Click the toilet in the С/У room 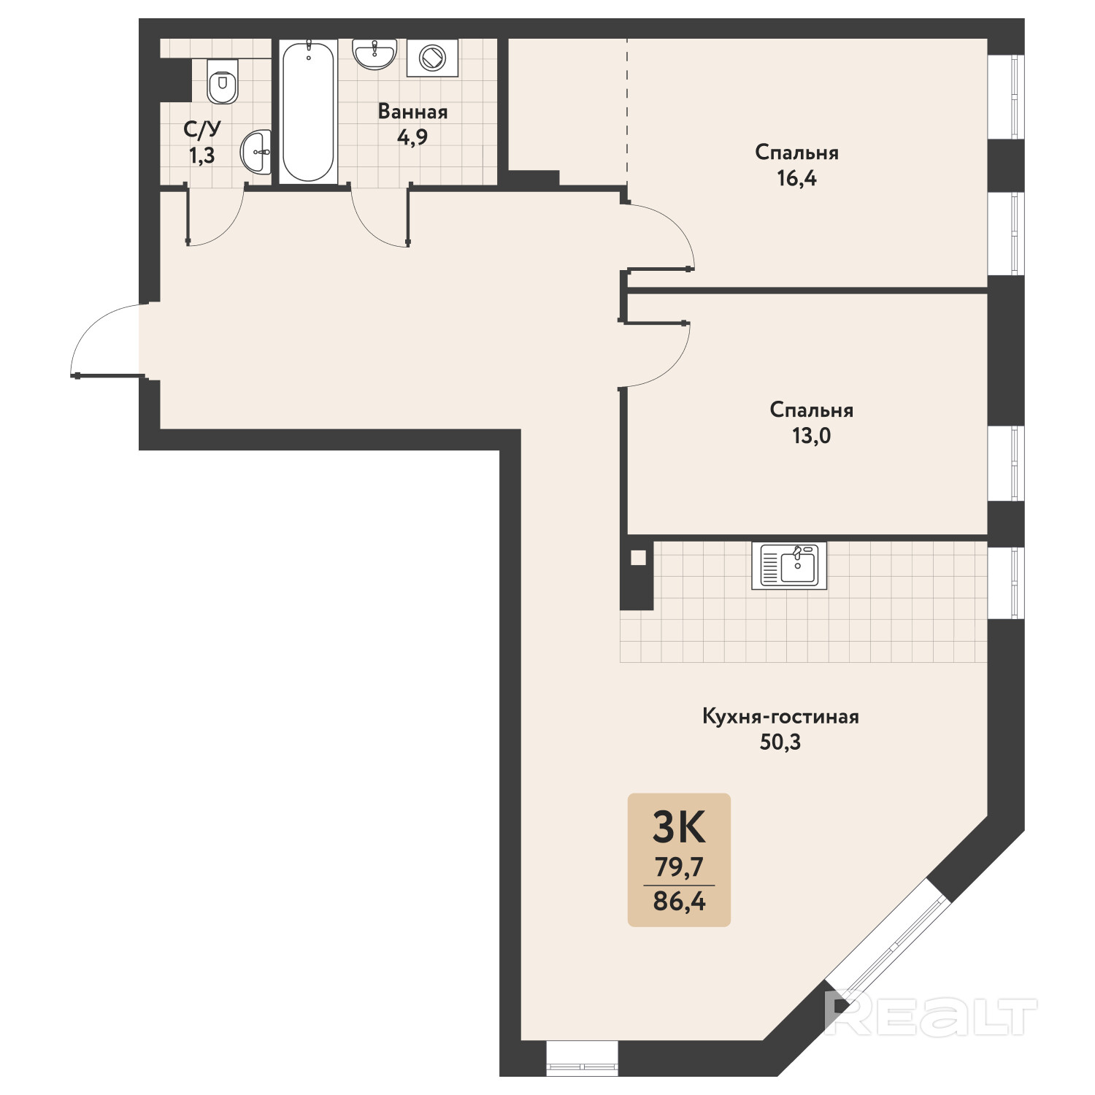coord(223,82)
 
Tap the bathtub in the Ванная coord(308,112)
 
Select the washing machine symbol coord(432,58)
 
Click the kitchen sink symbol coord(789,566)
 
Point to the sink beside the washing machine coord(374,53)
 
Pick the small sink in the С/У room coord(255,152)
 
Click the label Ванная coord(412,112)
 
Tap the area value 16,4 coord(796,179)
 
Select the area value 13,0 coord(811,437)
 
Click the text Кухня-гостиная coord(780,716)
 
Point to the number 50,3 coord(780,742)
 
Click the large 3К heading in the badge coord(679,827)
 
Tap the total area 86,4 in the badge coord(679,902)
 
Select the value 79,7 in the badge coord(679,867)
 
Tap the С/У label coord(202,130)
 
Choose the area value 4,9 coord(412,137)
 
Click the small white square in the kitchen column coord(639,558)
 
